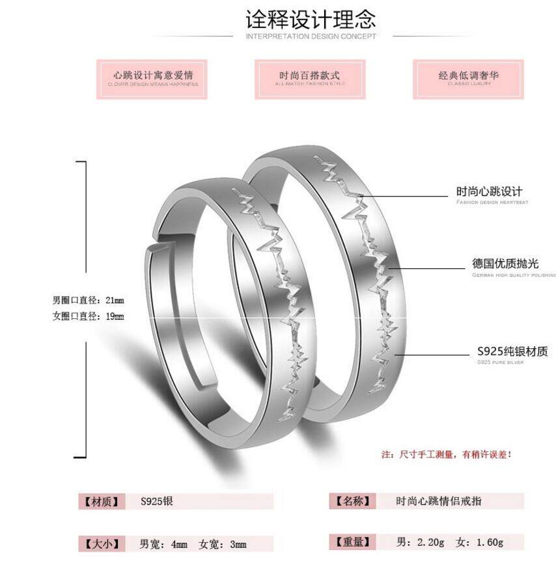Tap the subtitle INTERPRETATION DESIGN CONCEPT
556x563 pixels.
click(311, 36)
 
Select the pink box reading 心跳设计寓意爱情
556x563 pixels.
click(152, 79)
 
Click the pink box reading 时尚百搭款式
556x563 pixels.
click(309, 79)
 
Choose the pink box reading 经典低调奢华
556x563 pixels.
click(468, 79)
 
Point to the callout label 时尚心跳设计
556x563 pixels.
click(489, 191)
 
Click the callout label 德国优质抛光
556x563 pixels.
click(505, 264)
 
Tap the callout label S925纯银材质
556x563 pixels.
click(512, 351)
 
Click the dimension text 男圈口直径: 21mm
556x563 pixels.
click(88, 300)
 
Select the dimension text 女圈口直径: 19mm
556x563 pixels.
click(88, 316)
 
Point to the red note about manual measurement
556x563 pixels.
click(446, 454)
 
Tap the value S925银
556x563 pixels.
click(157, 501)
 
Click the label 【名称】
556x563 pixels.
click(352, 501)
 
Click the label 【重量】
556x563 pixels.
click(352, 542)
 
